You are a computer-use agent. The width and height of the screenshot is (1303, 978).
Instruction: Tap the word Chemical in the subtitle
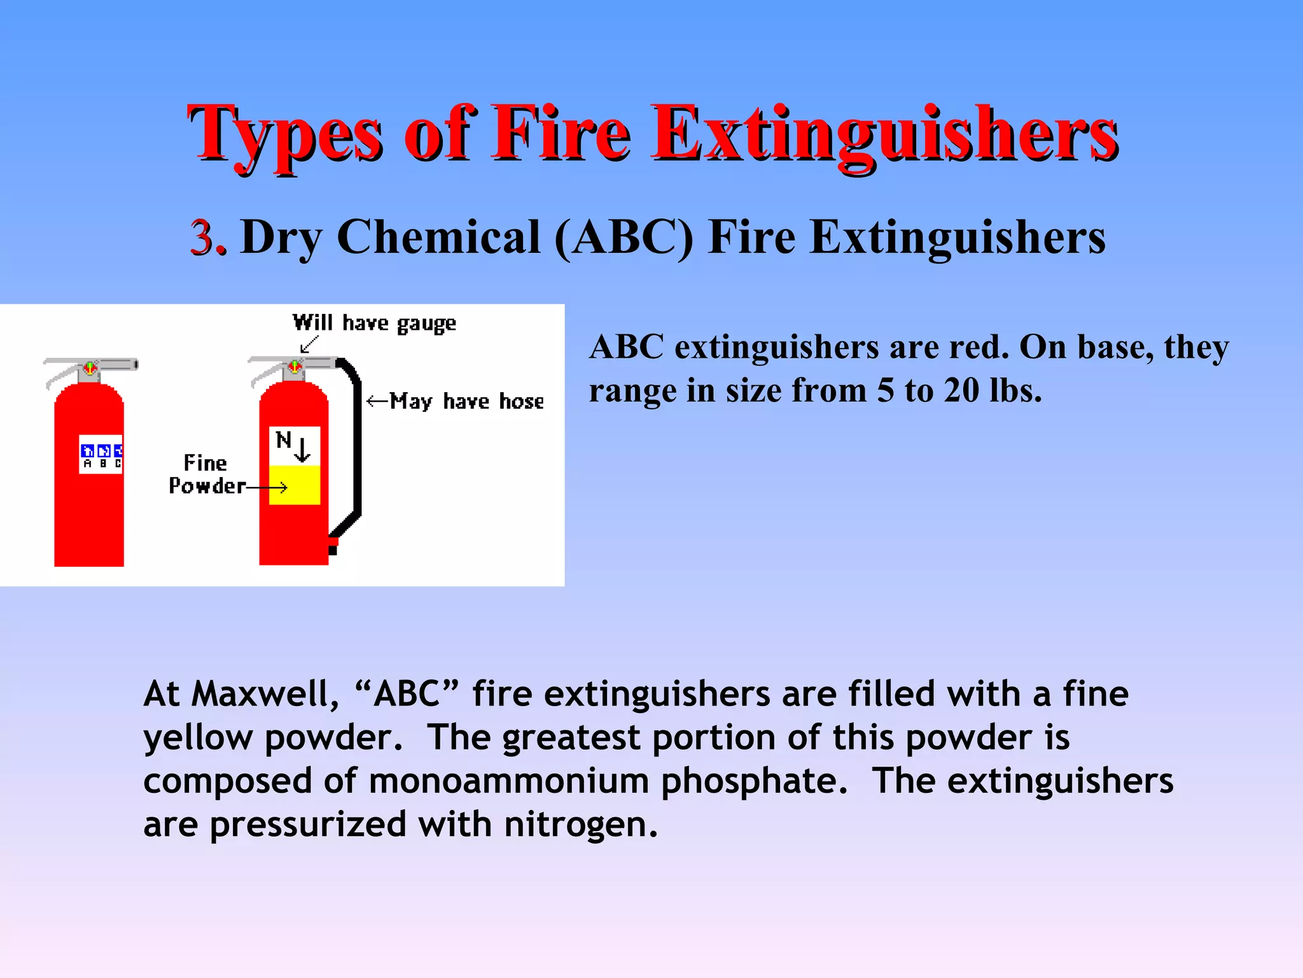pos(438,237)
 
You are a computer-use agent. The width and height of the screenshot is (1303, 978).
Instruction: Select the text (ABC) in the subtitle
pos(624,237)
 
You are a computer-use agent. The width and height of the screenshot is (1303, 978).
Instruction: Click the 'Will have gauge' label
pos(374,323)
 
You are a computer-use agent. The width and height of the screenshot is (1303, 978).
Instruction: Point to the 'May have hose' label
pos(467,401)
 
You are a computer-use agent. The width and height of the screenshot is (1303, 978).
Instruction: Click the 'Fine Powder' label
pos(206,474)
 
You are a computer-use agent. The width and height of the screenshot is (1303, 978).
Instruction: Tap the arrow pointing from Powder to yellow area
pos(267,488)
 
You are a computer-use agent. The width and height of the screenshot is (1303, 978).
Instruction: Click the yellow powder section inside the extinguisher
pos(294,485)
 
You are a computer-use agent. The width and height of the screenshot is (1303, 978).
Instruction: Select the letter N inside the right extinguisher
pos(283,439)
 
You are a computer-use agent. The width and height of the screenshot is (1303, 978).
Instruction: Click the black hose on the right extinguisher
pos(356,446)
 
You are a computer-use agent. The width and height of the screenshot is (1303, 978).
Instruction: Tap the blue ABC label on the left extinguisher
pos(101,451)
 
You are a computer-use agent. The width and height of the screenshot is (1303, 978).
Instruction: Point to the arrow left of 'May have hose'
pos(377,401)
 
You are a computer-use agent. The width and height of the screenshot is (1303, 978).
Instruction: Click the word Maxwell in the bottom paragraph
pos(260,693)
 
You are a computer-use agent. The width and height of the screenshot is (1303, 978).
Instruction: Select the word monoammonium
pos(508,781)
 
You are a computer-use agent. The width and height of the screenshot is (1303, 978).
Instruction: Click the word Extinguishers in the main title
pos(884,135)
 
